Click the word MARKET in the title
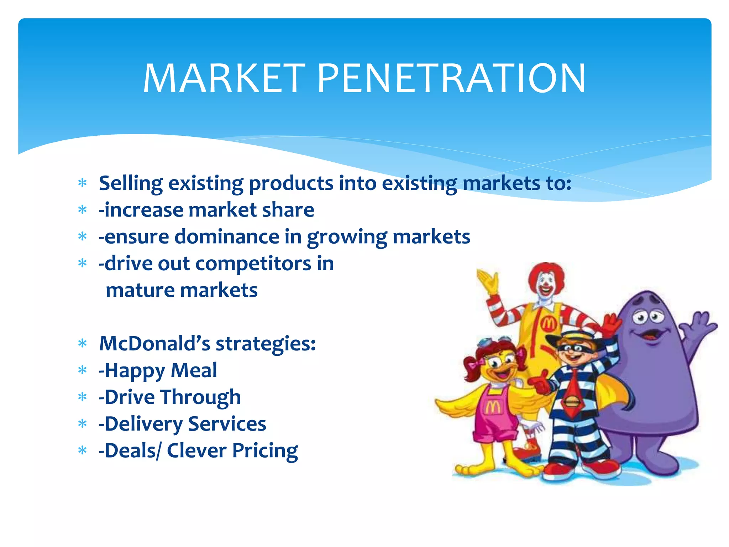[x=224, y=78]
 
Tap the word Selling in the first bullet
[x=130, y=184]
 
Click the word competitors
[x=253, y=264]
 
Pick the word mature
[x=140, y=290]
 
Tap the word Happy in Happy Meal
[x=134, y=371]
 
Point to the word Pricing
[x=265, y=451]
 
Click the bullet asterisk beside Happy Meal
[x=83, y=371]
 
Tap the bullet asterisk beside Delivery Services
[x=83, y=424]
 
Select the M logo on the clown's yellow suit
[x=549, y=324]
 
